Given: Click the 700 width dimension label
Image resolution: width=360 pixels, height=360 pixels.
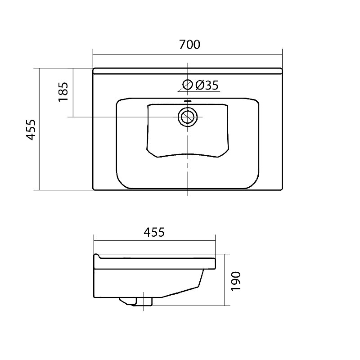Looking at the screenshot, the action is [x=189, y=45].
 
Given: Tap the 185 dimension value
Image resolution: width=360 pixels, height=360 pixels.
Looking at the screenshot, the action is [x=63, y=92].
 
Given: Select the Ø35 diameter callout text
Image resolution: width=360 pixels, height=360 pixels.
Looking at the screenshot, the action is [x=207, y=85].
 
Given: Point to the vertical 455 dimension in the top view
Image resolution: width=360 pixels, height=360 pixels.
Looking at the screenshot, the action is [x=31, y=130].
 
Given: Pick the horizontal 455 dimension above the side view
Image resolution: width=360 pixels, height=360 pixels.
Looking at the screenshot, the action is [x=154, y=232].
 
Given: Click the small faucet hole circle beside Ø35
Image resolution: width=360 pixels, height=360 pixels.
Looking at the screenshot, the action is [x=188, y=85].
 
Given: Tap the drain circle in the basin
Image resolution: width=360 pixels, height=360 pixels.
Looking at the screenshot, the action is [x=188, y=117].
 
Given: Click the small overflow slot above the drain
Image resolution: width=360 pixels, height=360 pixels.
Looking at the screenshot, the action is [x=188, y=101].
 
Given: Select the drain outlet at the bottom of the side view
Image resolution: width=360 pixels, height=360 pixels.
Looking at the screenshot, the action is [x=136, y=301].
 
